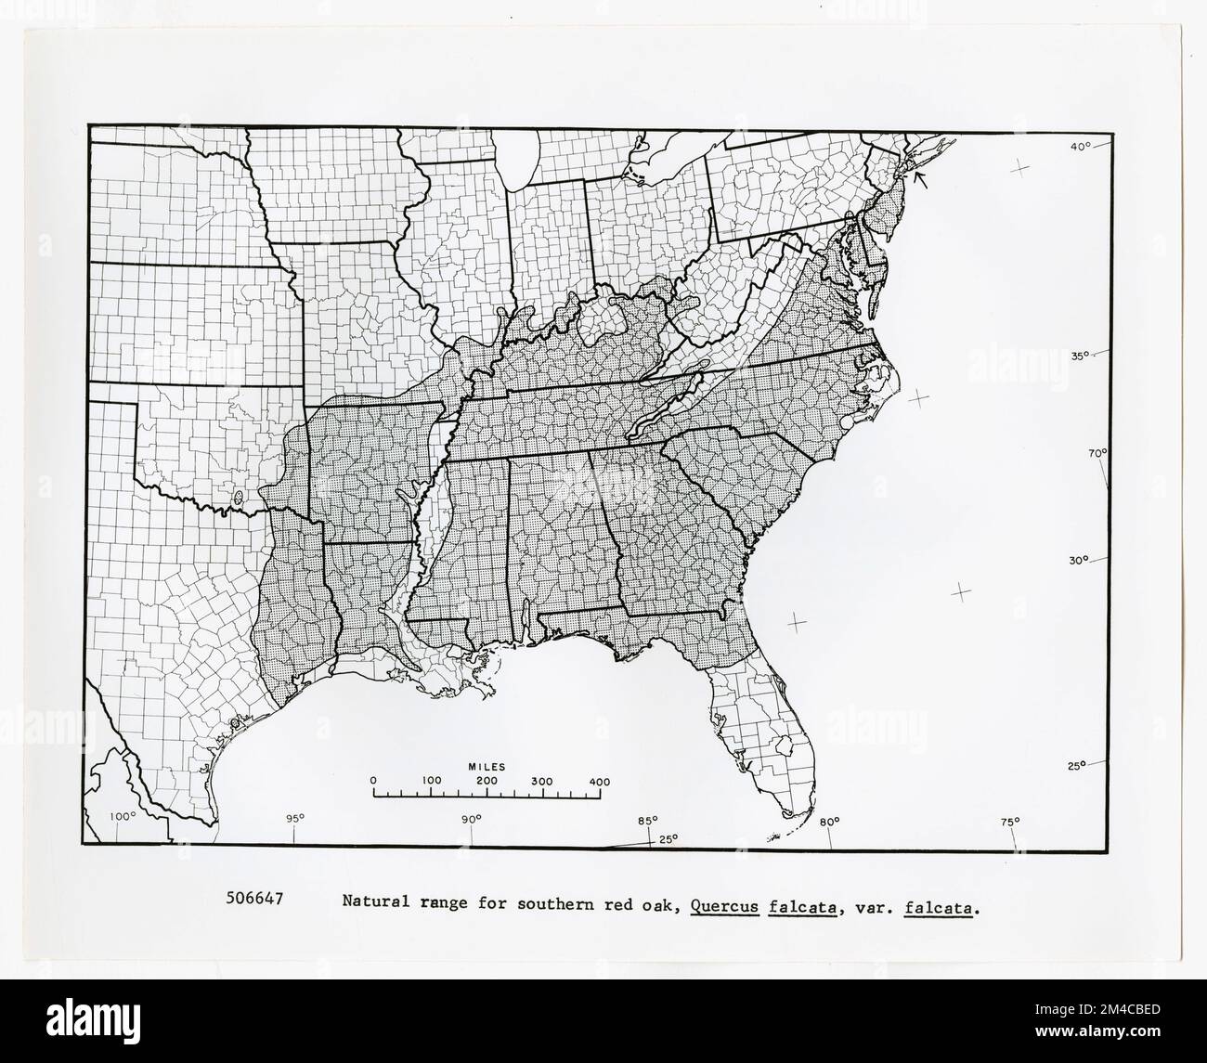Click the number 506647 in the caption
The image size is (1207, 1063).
[254, 899]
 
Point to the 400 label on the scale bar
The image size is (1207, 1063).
[600, 782]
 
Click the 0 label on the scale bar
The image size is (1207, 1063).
[373, 782]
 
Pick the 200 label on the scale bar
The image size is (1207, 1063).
[487, 782]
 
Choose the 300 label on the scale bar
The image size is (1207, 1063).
[543, 782]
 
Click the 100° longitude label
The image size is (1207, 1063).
[123, 817]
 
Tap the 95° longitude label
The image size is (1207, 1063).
[294, 818]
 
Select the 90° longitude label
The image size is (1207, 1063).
[472, 819]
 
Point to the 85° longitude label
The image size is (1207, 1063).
[647, 820]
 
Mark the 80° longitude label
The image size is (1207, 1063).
[829, 820]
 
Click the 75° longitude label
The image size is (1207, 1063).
[1010, 821]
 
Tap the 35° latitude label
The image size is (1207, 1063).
[1077, 356]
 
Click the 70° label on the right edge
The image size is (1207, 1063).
[1098, 453]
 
